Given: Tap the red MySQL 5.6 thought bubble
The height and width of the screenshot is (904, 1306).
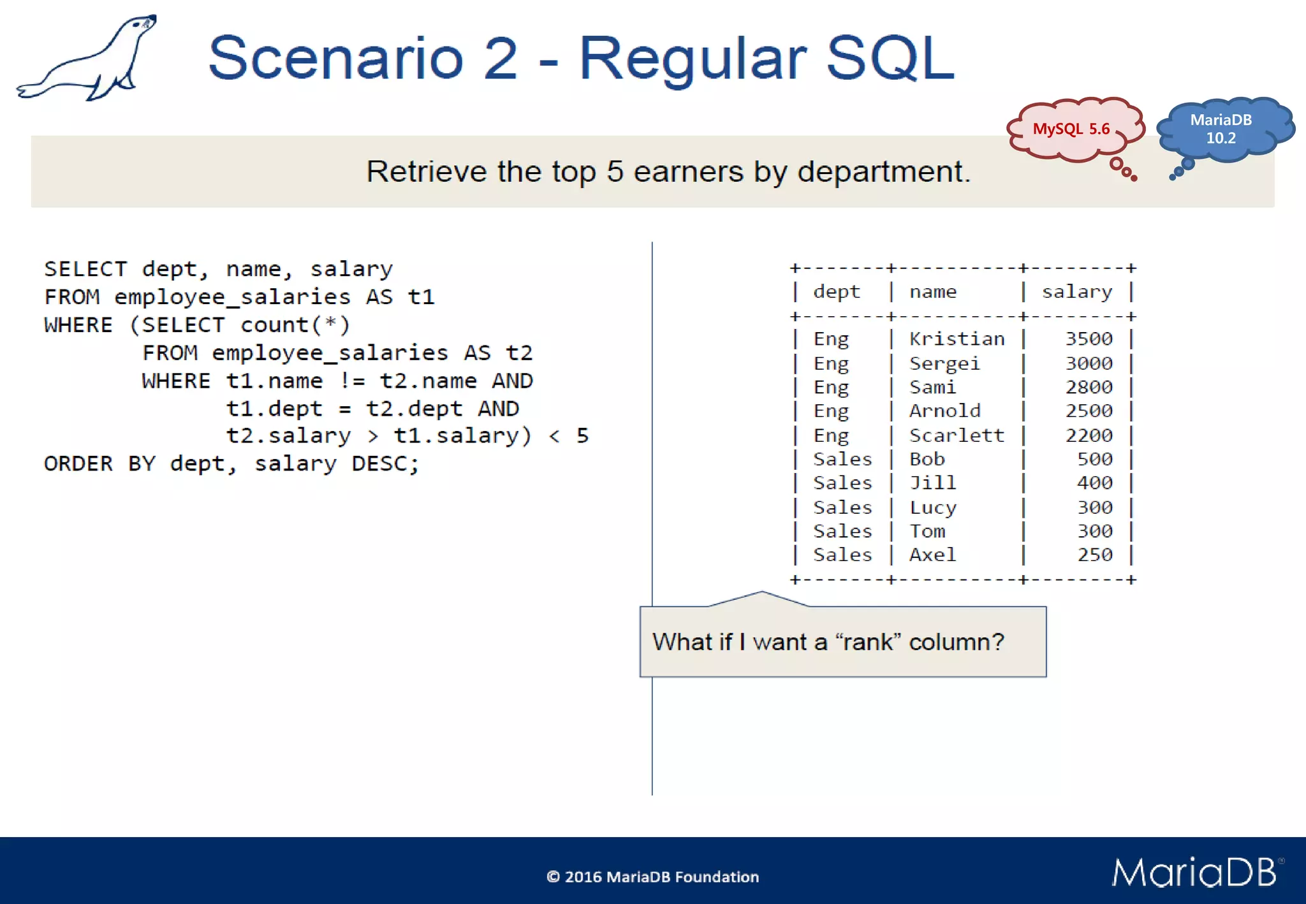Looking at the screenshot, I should (x=1072, y=129).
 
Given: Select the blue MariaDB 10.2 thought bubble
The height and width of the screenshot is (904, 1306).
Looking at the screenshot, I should (x=1221, y=129).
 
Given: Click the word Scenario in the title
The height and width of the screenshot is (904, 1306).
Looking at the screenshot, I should (x=335, y=59).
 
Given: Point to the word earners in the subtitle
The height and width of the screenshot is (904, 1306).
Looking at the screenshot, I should (x=689, y=171).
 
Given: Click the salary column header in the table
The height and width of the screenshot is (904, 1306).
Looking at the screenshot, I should (x=1077, y=292).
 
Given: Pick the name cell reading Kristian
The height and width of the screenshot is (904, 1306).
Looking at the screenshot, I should (x=957, y=339).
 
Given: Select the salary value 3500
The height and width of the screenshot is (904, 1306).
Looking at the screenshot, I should (x=1089, y=339).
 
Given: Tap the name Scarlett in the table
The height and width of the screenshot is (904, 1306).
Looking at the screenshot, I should (x=957, y=435).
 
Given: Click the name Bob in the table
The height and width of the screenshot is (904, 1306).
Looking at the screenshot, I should (x=927, y=459).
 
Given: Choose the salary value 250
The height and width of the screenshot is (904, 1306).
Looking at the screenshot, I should (x=1095, y=555).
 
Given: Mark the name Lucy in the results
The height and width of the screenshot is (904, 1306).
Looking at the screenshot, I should (x=932, y=507).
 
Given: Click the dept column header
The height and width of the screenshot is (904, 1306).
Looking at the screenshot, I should (x=837, y=292).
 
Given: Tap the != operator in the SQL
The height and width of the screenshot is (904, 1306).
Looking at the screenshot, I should (x=352, y=381).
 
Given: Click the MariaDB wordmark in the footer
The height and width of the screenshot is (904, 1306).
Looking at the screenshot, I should (x=1195, y=873).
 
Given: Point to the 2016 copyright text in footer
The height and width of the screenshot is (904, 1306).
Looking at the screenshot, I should (x=652, y=877).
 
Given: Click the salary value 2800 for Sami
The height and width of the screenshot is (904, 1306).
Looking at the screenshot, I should (x=1089, y=388).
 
